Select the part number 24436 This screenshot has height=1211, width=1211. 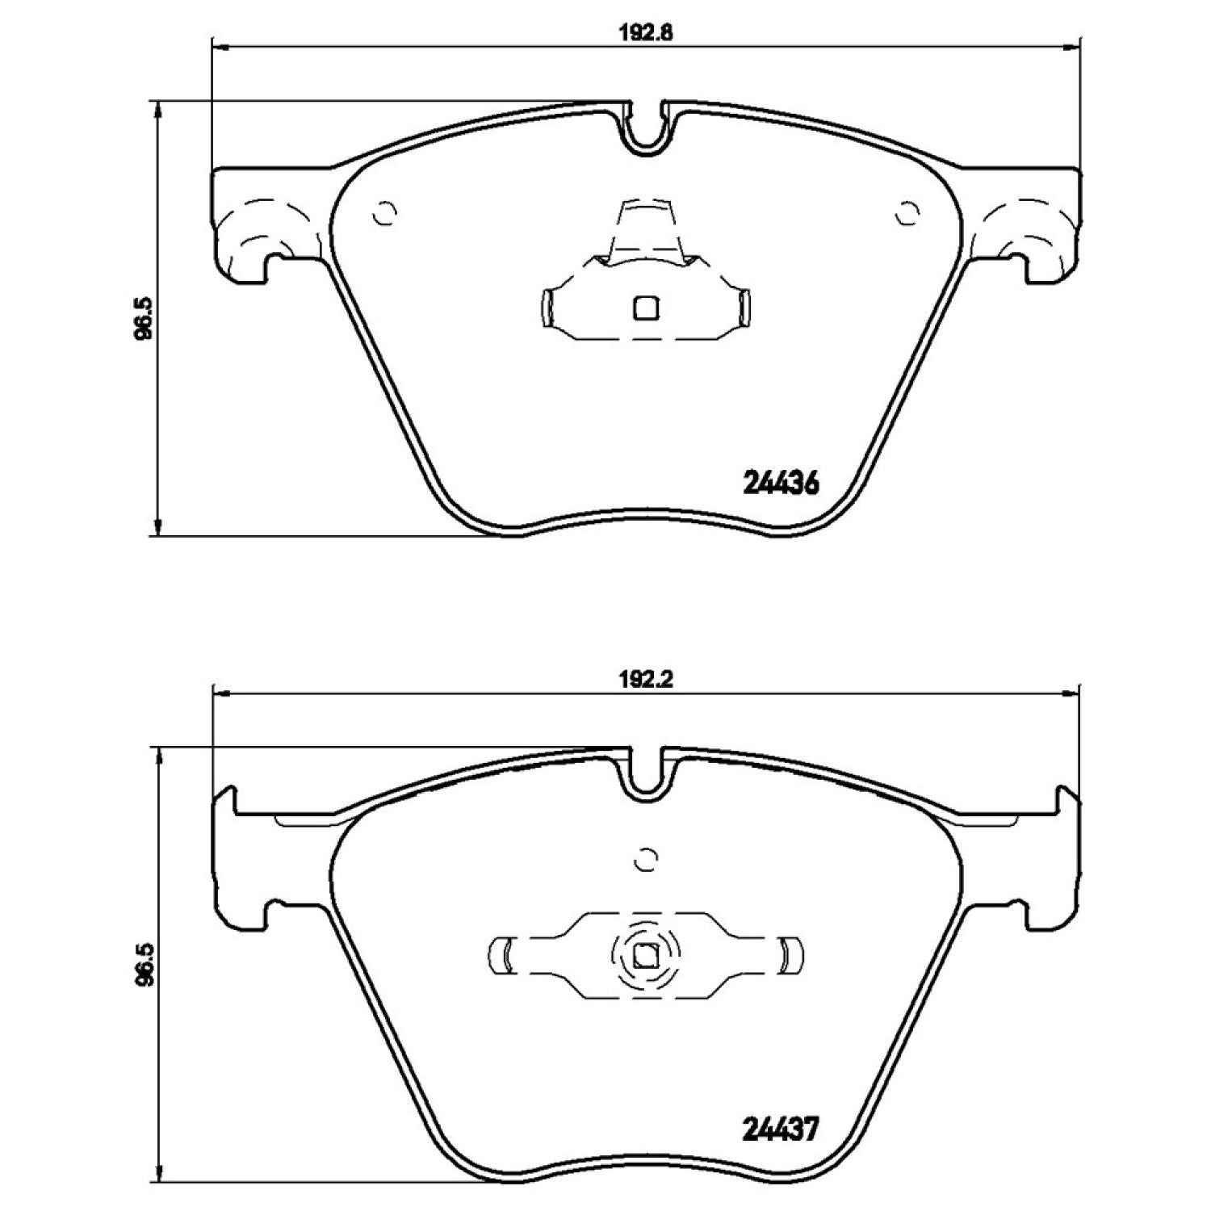[780, 483]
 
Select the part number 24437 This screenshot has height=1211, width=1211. [780, 1128]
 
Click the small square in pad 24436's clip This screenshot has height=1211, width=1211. [645, 308]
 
